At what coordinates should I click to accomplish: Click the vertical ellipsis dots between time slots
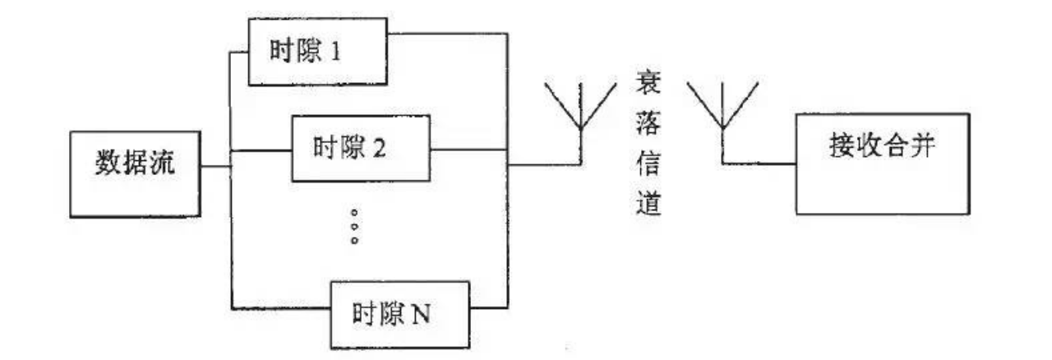(x=354, y=226)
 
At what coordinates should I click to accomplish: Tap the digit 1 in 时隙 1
(x=359, y=53)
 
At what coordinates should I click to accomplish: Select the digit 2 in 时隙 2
(x=404, y=150)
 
